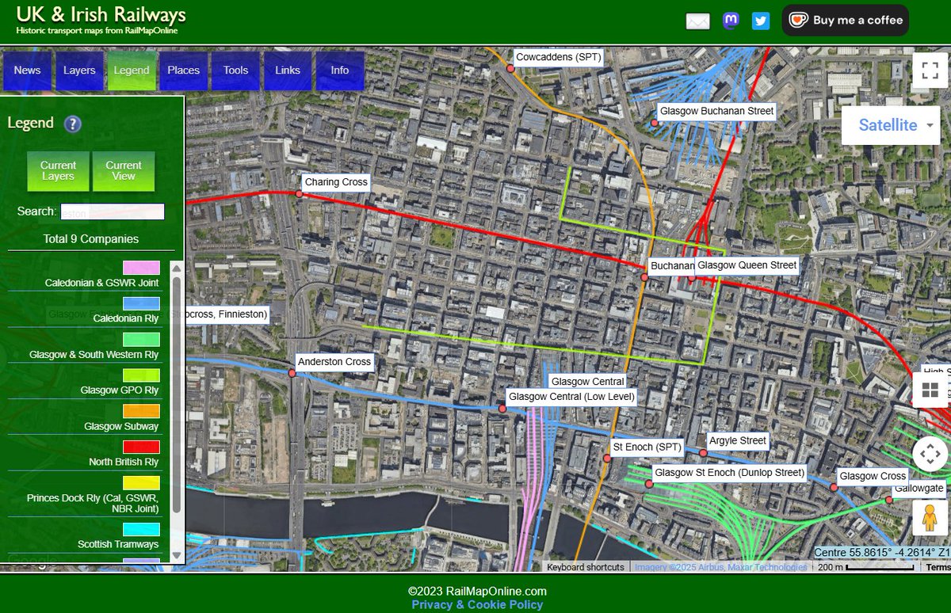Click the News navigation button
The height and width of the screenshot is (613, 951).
click(x=27, y=70)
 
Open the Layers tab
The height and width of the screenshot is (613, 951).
click(x=79, y=70)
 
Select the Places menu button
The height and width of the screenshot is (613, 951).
click(x=183, y=70)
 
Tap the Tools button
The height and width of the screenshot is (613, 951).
click(x=235, y=70)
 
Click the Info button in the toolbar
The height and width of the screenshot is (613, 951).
click(x=339, y=70)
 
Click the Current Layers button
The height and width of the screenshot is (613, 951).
click(x=58, y=171)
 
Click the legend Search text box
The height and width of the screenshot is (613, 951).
click(x=113, y=212)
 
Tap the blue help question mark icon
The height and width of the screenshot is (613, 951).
click(x=73, y=124)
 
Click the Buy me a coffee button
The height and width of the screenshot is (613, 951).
click(x=845, y=21)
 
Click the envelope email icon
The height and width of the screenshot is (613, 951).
click(x=697, y=21)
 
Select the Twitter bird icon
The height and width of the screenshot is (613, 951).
click(x=761, y=21)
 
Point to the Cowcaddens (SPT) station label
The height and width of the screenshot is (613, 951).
click(x=559, y=57)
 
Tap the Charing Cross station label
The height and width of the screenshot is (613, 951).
click(x=336, y=182)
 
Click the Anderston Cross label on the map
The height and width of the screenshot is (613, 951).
click(x=334, y=362)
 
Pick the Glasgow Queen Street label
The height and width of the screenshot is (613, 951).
click(x=747, y=265)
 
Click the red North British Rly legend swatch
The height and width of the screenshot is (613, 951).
click(x=141, y=447)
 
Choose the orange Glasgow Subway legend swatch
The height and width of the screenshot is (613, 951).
click(x=141, y=411)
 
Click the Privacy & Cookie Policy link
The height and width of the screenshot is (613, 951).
click(x=477, y=604)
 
